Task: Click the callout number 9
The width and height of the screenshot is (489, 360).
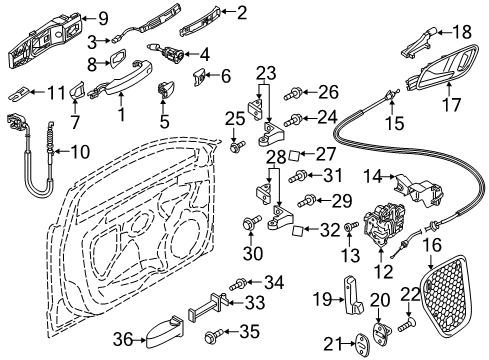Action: click(103, 18)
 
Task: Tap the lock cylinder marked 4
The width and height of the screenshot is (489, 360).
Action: click(165, 51)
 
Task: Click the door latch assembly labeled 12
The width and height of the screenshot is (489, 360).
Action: click(384, 224)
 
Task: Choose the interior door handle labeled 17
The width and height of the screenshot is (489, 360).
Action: click(443, 68)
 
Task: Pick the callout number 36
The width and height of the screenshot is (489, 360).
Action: click(123, 340)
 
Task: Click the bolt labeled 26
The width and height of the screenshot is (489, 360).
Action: click(293, 93)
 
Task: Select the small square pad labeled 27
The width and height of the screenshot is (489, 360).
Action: click(295, 155)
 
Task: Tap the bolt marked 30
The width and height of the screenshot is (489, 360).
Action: click(252, 223)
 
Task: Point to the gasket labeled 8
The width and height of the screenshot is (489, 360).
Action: click(117, 58)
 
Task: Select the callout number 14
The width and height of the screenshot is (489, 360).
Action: click(372, 176)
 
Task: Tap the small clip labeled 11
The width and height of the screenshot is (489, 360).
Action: click(20, 93)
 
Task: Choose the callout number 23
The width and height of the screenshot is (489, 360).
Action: click(266, 74)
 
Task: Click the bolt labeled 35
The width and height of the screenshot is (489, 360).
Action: click(214, 334)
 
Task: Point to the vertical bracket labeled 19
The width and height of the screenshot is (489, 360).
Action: click(352, 295)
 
